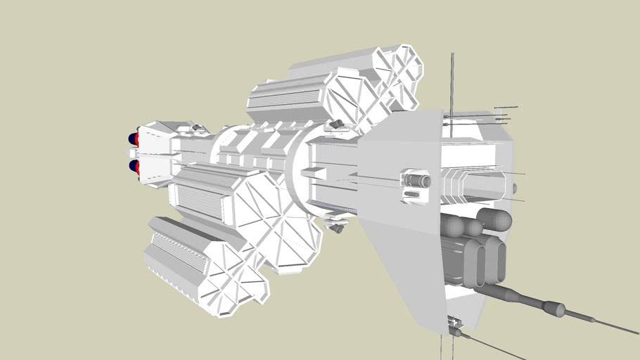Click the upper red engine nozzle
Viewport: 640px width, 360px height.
134,139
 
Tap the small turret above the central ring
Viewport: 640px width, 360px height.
337,125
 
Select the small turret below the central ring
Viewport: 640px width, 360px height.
338,226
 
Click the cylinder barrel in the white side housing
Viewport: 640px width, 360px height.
417,181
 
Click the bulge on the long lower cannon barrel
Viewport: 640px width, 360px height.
553,308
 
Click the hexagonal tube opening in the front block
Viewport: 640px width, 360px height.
473,183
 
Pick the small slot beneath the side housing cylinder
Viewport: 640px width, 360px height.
415,197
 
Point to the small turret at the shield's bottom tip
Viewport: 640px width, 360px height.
455,328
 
